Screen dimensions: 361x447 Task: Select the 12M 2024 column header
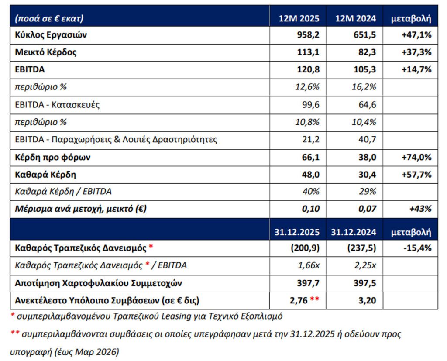click(x=356, y=18)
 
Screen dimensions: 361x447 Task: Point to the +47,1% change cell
click(x=416, y=35)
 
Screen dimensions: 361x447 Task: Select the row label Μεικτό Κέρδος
click(x=46, y=52)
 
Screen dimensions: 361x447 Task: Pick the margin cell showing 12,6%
click(x=308, y=87)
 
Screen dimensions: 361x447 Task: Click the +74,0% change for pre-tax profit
click(x=416, y=157)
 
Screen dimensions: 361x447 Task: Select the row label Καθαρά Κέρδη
click(x=45, y=174)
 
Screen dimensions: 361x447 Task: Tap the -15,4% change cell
click(x=417, y=248)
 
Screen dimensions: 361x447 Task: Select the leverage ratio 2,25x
click(x=365, y=265)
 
